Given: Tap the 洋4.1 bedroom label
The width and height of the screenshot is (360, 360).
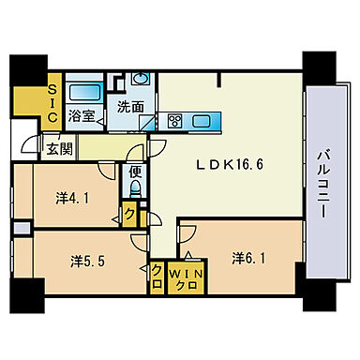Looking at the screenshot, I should coord(70,198).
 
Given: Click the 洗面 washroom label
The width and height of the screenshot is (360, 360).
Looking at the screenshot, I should coord(130,107).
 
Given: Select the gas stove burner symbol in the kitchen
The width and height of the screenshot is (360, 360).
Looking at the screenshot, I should coord(175,120).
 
